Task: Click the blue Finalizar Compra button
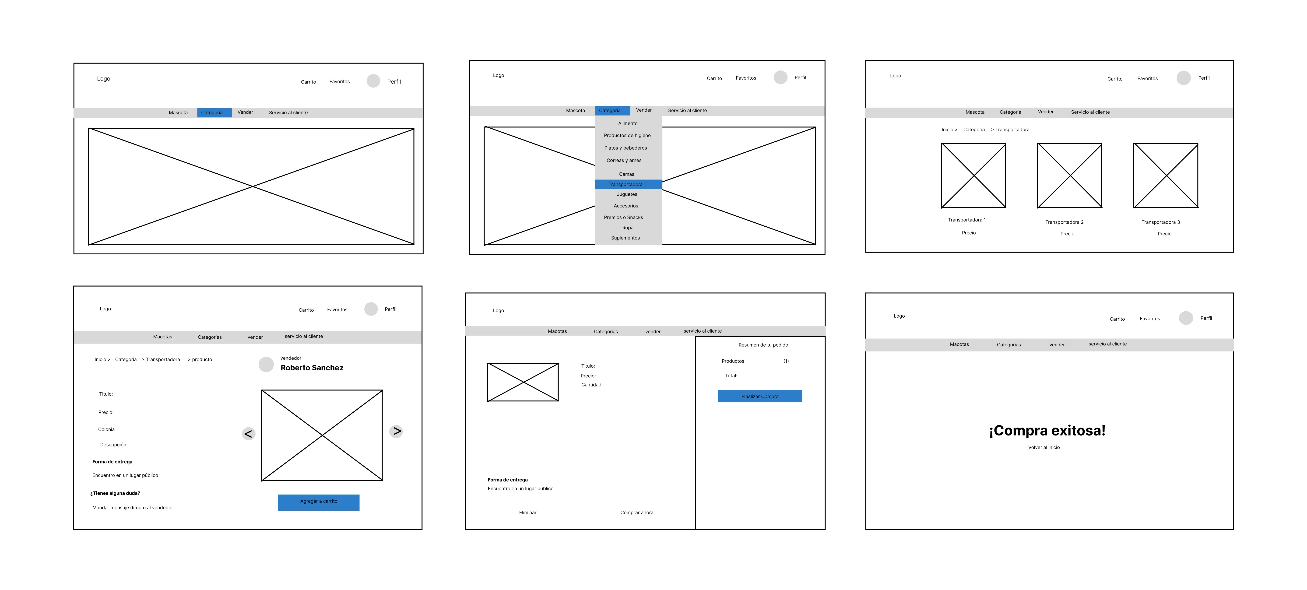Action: (x=759, y=396)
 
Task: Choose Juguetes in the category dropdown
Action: (x=627, y=194)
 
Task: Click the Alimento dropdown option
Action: (x=628, y=123)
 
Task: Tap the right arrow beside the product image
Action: (x=396, y=431)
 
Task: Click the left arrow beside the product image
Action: (x=248, y=434)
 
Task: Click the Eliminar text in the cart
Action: (x=528, y=512)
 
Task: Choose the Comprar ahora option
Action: (x=637, y=512)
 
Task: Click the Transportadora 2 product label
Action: (x=1064, y=222)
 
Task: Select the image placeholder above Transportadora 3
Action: (x=1165, y=176)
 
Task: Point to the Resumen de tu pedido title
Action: (x=763, y=345)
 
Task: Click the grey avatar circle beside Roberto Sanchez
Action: (x=266, y=364)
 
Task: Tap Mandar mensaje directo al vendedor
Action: (x=132, y=508)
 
